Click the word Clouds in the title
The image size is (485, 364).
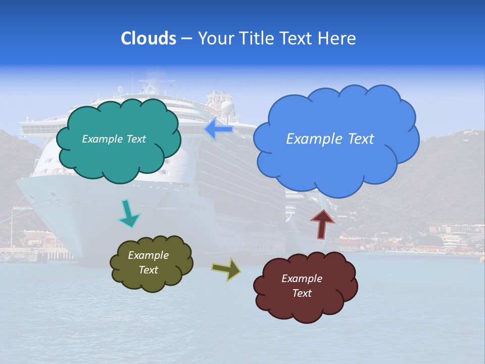[149, 38]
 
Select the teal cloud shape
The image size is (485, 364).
[119, 157]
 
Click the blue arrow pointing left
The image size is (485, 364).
[218, 129]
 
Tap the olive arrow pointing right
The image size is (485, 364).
[226, 269]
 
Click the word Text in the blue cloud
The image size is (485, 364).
[361, 139]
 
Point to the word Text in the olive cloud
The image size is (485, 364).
[149, 270]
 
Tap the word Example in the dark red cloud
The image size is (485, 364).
[302, 279]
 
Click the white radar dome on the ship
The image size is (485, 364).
[228, 107]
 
